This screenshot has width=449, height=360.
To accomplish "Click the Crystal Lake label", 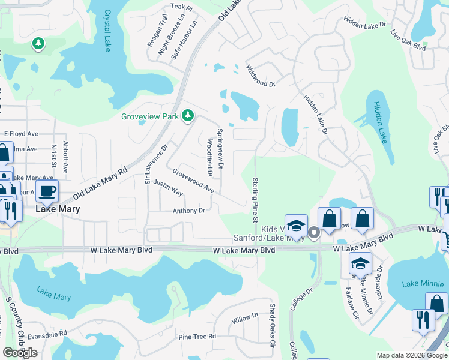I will (x=108, y=30).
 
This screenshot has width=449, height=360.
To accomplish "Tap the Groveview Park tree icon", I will (x=188, y=115).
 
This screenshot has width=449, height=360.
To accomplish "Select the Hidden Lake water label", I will (x=381, y=122).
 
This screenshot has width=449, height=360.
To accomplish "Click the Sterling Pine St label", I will (x=255, y=200).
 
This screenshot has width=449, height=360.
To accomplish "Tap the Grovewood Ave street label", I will (x=193, y=180).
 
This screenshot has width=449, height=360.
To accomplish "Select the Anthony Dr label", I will (x=188, y=211).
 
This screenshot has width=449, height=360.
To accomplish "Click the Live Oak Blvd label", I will (x=408, y=40).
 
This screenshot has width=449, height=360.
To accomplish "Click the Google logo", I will (x=20, y=353).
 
